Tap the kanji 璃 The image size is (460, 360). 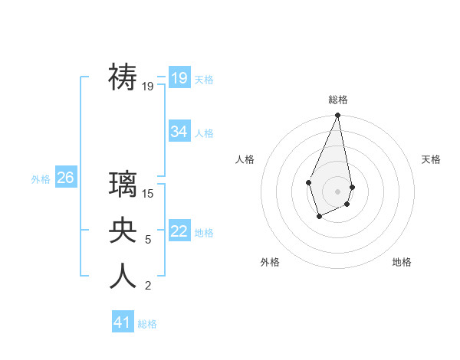click(x=123, y=185)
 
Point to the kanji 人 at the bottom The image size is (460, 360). click(x=123, y=277)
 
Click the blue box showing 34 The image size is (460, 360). click(x=179, y=132)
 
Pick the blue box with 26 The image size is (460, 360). click(x=65, y=178)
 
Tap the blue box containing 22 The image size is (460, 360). click(x=179, y=231)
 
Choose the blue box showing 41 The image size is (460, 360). click(x=123, y=322)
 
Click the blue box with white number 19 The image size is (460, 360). click(x=179, y=78)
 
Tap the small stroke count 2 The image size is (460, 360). click(x=148, y=286)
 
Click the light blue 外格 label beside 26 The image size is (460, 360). click(x=41, y=179)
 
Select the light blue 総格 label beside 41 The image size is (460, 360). click(x=147, y=324)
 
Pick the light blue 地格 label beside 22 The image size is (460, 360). click(x=204, y=233)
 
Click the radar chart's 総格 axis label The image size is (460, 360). click(x=337, y=100)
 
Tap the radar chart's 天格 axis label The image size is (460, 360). click(x=431, y=159)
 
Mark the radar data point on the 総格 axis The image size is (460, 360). click(x=337, y=116)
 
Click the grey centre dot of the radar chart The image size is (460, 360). click(x=337, y=191)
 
